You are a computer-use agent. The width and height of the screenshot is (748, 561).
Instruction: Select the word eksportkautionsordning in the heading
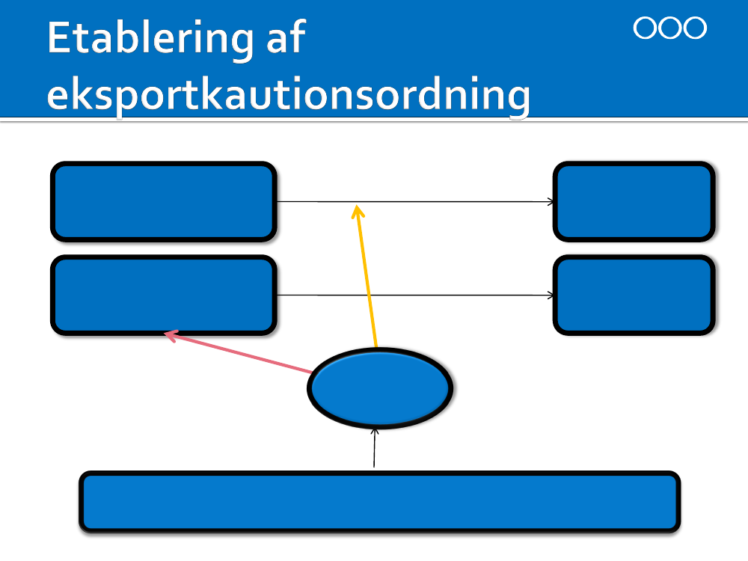point(288,96)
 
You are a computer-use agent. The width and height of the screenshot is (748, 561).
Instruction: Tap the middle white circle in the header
point(669,28)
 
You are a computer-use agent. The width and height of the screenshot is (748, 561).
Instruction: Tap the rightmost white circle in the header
point(695,28)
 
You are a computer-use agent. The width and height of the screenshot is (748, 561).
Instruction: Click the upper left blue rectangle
point(163,202)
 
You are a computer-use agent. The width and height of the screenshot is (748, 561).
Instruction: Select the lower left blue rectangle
point(163,295)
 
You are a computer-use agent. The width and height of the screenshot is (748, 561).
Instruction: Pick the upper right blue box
point(634,202)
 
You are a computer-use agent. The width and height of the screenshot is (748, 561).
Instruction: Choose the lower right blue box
point(634,295)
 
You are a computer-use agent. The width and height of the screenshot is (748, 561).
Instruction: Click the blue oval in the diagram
point(380,387)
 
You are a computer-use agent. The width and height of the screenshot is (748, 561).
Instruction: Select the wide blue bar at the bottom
point(379,501)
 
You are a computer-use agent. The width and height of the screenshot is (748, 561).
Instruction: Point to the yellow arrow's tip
point(358,208)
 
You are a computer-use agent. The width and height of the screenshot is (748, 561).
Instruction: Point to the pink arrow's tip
point(168,334)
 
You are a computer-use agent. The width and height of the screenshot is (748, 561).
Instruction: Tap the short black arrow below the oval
point(375,447)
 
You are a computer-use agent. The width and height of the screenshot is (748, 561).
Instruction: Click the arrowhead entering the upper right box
point(551,202)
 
